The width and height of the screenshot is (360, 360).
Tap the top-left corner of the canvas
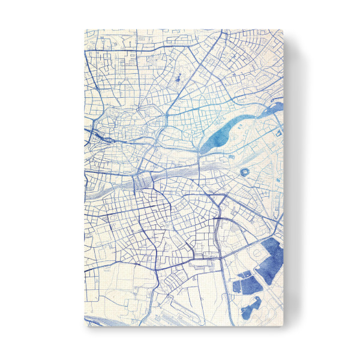click(x=84, y=29)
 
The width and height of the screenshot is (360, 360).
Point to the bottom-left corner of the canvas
click(x=84, y=328)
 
